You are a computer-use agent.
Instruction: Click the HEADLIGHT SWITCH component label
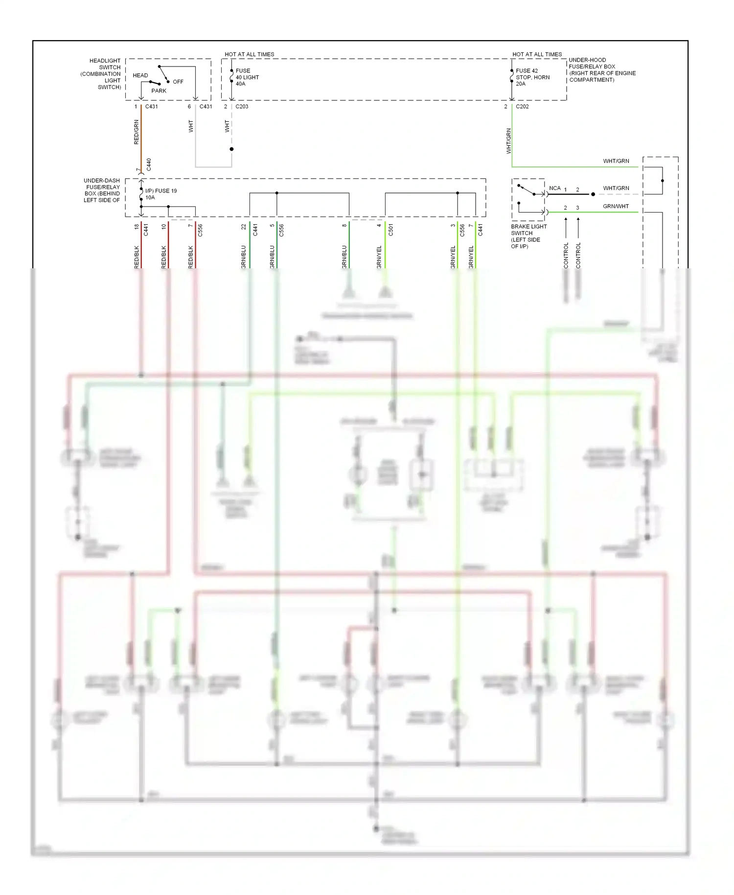pos(102,74)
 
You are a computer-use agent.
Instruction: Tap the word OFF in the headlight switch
pos(178,82)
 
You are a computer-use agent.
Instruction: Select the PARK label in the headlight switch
pos(159,91)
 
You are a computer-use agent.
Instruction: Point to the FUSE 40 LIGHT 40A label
pos(247,77)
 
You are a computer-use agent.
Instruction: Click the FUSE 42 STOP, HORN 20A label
pos(532,77)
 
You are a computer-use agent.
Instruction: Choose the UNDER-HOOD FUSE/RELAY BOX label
pos(601,70)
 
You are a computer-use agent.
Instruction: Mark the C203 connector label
pos(242,107)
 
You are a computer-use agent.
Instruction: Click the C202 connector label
pos(522,107)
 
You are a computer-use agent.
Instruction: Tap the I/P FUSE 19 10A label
pos(161,194)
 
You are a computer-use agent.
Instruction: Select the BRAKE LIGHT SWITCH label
pos(528,236)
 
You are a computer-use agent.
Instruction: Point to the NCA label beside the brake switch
pos(554,188)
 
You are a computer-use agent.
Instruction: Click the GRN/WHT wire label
pos(616,207)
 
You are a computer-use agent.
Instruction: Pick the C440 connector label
pos(149,165)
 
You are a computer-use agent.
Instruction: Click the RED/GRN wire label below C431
pos(137,132)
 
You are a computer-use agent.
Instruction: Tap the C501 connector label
pos(390,230)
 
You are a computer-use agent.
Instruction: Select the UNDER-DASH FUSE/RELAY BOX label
pos(102,190)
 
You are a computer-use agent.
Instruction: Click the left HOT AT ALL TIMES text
pos(249,54)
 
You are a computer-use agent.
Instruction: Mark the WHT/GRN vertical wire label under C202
pos(508,141)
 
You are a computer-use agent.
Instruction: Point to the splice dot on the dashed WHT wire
pos(231,149)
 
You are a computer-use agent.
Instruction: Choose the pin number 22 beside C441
pos(244,227)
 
